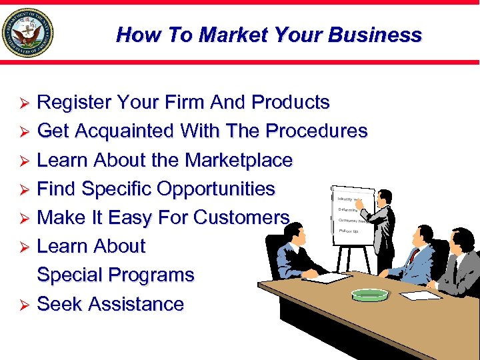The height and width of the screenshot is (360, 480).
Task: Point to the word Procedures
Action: (x=316, y=131)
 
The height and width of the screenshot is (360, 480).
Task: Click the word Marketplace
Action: (x=239, y=160)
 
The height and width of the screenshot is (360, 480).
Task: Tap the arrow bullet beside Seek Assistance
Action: (x=23, y=305)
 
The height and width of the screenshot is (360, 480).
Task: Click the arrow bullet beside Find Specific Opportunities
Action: (x=23, y=190)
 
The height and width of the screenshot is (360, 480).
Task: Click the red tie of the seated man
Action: (x=414, y=257)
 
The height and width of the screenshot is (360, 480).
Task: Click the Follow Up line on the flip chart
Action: (x=349, y=231)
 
